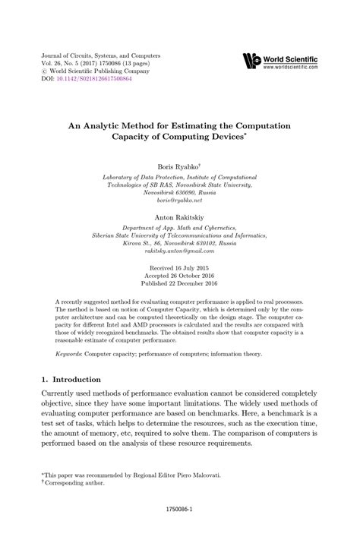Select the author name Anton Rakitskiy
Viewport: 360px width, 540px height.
coord(179,194)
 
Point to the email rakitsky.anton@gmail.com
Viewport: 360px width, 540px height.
coord(179,238)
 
